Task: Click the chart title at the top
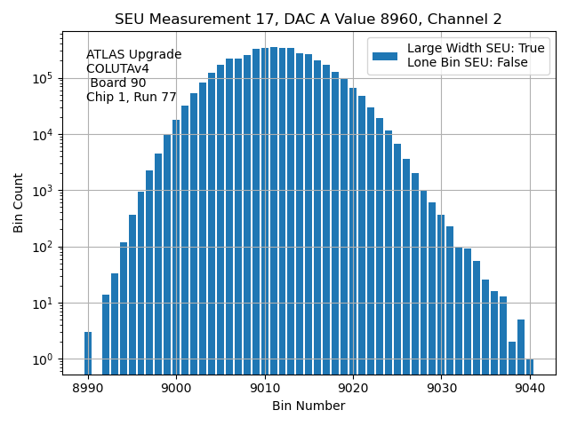[x=308, y=20]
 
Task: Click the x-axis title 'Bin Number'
[x=309, y=406]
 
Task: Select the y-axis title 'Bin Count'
[x=19, y=203]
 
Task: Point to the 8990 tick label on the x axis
[x=88, y=388]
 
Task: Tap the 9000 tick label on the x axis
[x=176, y=388]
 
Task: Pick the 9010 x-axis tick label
[x=265, y=388]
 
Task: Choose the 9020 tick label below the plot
[x=353, y=388]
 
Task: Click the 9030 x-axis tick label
[x=441, y=388]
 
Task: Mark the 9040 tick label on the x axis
[x=530, y=388]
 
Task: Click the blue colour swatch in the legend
[x=385, y=56]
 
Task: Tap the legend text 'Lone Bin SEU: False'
[x=468, y=63]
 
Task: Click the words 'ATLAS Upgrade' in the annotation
[x=133, y=55]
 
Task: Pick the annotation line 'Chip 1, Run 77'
[x=131, y=98]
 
